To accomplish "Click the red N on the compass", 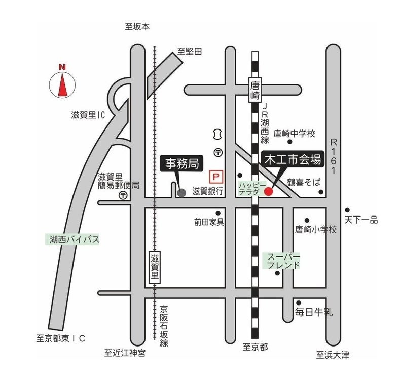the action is (x=62, y=67).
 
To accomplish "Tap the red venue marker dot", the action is (x=268, y=191).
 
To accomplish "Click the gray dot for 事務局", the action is (x=181, y=193).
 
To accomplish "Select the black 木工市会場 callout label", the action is (x=293, y=160).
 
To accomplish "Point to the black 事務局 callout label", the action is (x=182, y=163).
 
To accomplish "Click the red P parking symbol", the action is (x=216, y=177).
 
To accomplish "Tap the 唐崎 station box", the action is (x=255, y=90).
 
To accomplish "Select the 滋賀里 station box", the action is (x=155, y=268).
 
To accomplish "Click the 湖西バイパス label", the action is (x=72, y=239).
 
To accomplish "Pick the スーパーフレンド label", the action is (x=281, y=261).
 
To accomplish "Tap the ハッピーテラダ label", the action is (x=252, y=188).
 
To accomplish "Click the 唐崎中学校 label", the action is (x=294, y=134).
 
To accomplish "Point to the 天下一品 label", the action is (x=361, y=220).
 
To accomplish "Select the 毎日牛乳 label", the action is (x=314, y=312).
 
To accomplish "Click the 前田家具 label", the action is (x=209, y=222).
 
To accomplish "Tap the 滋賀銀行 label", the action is (x=208, y=191).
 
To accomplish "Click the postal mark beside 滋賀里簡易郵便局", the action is (x=123, y=196).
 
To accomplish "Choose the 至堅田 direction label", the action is (x=190, y=51).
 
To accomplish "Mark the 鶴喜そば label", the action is (x=304, y=182).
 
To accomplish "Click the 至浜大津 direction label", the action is (x=333, y=355).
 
